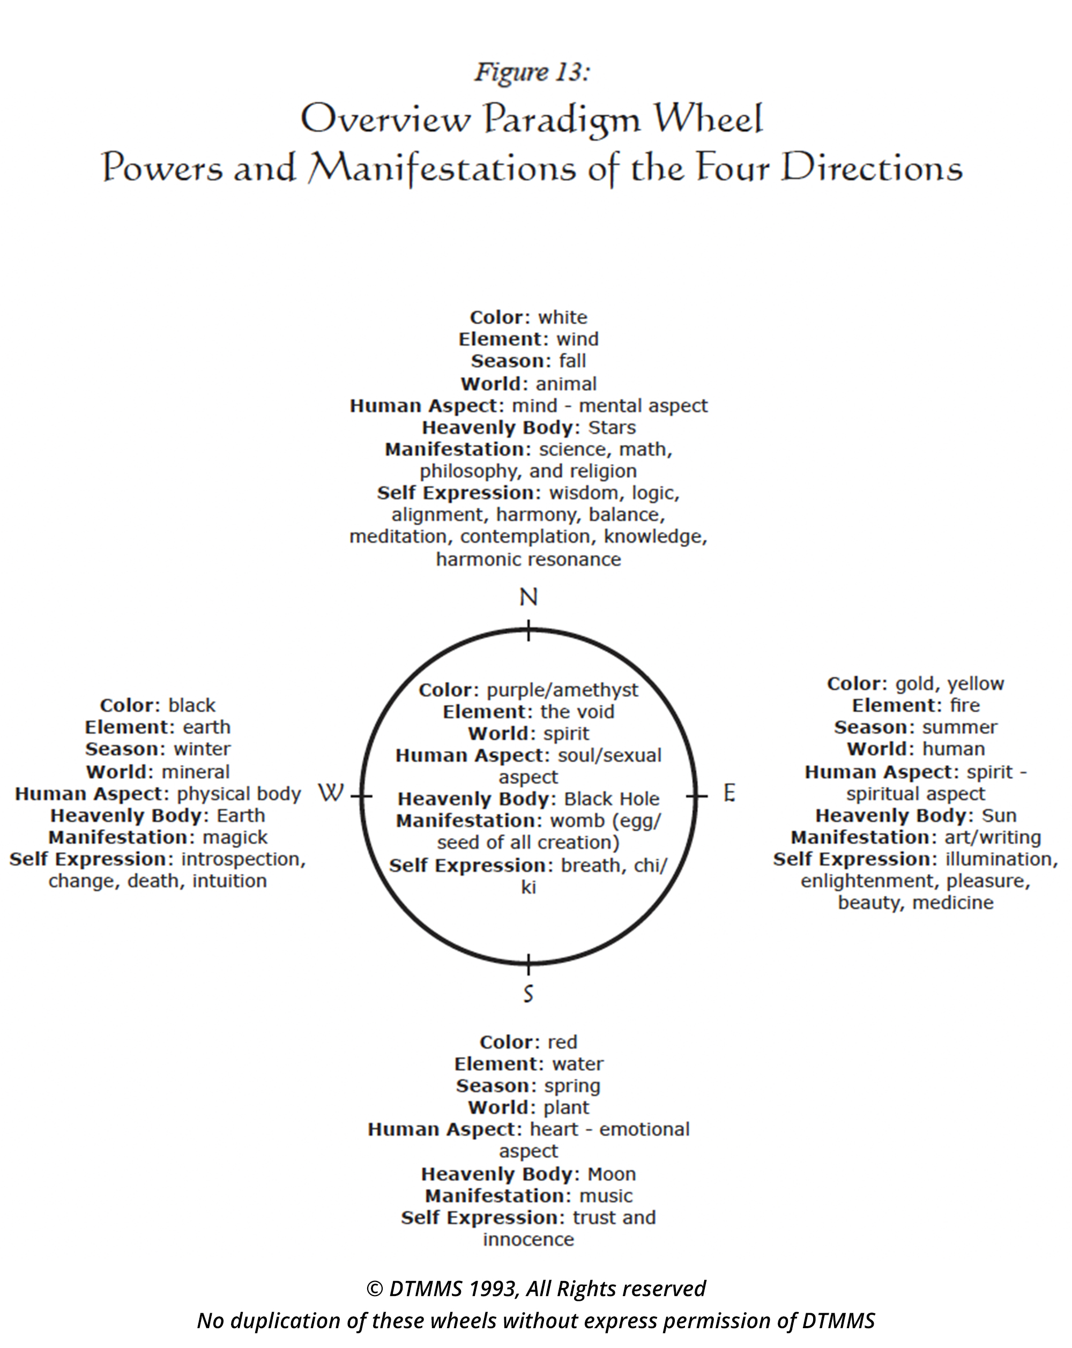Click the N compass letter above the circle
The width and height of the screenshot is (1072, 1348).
(528, 598)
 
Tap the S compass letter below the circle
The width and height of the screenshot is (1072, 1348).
(528, 993)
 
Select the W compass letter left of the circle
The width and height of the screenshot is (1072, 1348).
(331, 793)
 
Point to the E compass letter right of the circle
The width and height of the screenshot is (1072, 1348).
(729, 793)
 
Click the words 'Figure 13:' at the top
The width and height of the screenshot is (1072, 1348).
(532, 72)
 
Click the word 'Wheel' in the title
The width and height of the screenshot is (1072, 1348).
(708, 119)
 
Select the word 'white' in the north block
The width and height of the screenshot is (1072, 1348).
(563, 318)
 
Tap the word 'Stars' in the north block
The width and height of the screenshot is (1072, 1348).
(612, 428)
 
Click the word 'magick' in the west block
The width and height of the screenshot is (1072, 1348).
(235, 837)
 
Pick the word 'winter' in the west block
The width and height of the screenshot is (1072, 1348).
(202, 749)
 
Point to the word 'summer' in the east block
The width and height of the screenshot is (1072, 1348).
(959, 728)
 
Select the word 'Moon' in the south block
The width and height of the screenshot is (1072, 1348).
(612, 1174)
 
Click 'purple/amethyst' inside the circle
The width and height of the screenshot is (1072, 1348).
(563, 690)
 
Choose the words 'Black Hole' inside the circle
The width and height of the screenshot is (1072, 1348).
(612, 799)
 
